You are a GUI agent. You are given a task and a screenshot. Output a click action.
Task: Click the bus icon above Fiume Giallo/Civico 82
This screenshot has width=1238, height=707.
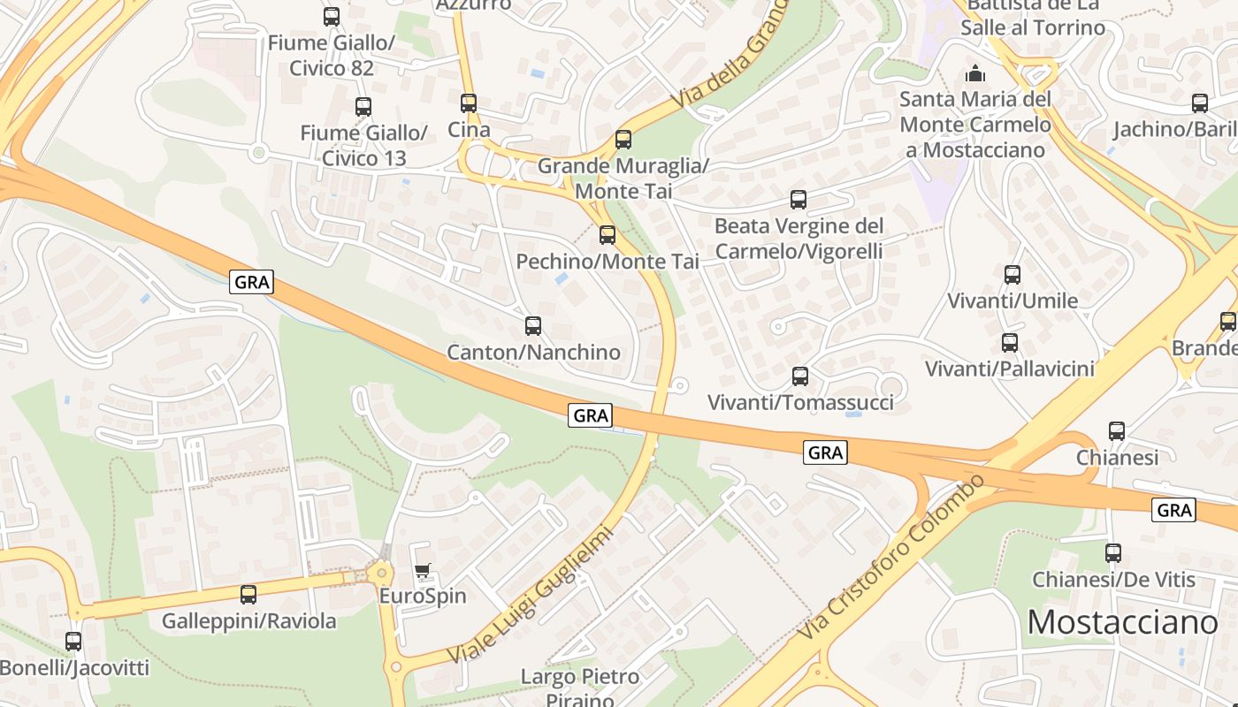point(332,16)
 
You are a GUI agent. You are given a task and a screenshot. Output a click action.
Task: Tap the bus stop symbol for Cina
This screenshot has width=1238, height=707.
point(469,103)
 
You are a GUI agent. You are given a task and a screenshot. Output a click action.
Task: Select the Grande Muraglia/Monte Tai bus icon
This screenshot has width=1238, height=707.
point(623,139)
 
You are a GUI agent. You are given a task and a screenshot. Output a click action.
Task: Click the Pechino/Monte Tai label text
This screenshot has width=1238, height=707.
point(608,262)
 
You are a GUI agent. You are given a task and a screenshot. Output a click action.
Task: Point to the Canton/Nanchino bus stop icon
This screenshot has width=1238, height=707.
point(533,326)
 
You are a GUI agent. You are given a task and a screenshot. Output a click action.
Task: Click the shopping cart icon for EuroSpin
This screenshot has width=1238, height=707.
point(423,570)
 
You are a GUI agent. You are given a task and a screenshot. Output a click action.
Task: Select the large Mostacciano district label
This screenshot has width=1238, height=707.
point(1122,622)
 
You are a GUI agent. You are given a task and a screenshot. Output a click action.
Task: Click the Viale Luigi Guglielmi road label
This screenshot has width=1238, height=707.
point(531,597)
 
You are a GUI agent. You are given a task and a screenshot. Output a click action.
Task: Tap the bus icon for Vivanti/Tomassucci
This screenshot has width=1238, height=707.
point(800,376)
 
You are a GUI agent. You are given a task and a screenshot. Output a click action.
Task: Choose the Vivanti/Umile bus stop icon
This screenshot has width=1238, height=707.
point(1013,275)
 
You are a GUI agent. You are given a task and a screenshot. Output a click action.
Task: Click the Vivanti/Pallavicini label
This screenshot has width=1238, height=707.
point(1010,369)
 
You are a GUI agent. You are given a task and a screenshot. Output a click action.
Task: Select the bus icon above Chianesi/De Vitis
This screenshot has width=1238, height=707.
point(1113,553)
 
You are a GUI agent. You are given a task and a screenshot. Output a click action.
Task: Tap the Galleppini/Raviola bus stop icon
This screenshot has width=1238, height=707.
point(248,595)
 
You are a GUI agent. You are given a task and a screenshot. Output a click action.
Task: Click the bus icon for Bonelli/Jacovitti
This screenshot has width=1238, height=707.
point(73,641)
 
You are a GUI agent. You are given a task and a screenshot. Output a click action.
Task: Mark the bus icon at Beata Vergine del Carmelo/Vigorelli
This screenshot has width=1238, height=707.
point(799,200)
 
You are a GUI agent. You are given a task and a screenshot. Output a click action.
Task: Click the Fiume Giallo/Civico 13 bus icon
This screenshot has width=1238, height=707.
point(363,107)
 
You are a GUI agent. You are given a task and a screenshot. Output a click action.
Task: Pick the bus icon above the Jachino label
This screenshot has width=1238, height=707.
point(1200,103)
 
